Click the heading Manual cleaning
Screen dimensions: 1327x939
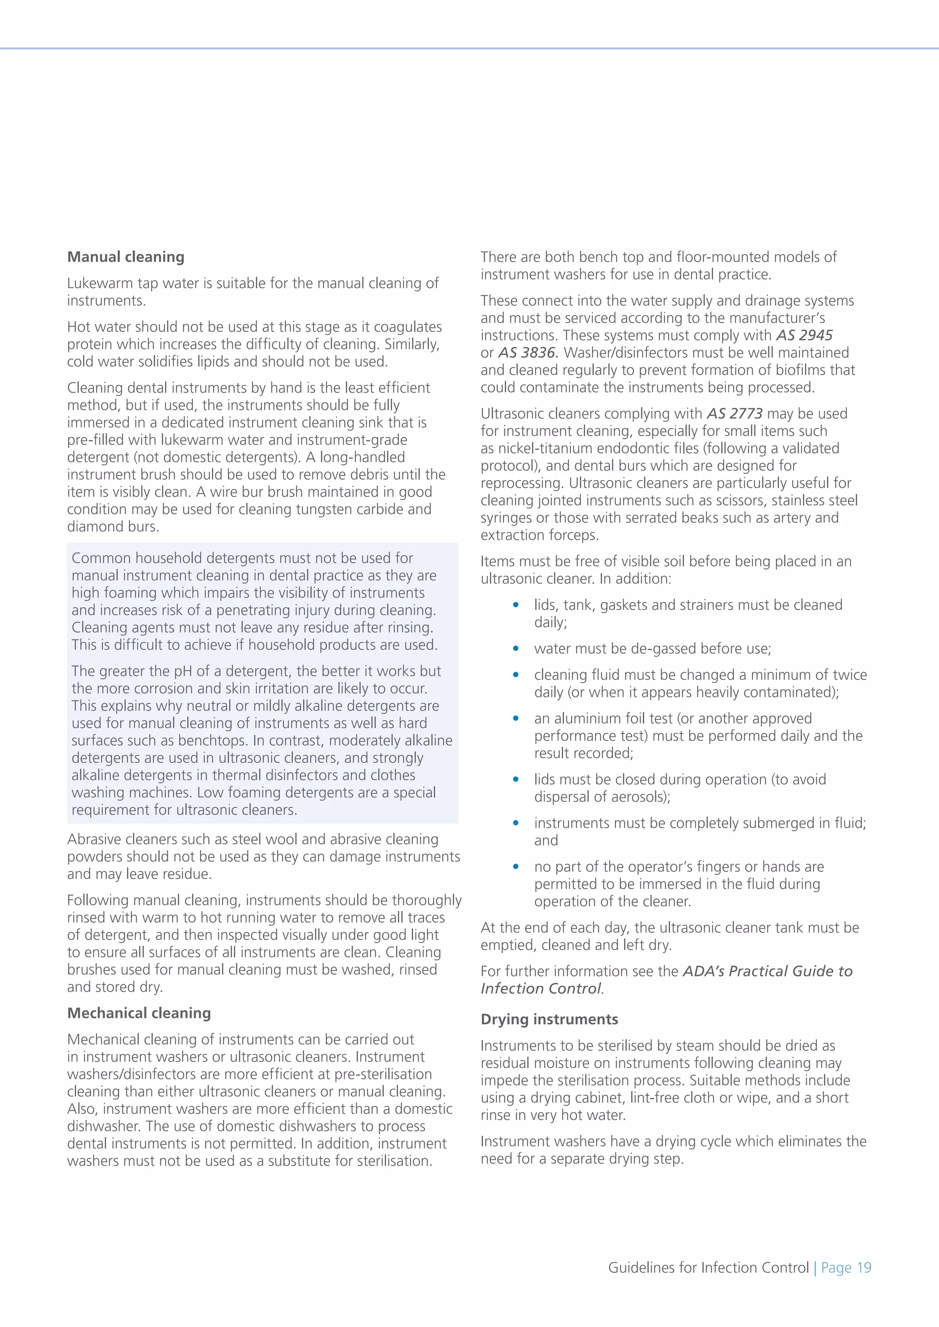126,257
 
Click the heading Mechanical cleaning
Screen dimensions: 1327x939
139,1013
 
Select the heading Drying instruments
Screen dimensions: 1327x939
549,1019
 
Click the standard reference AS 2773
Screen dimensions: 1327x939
735,414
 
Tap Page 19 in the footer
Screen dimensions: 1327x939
846,1267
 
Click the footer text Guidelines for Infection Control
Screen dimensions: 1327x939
708,1267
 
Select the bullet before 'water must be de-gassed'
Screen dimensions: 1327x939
515,649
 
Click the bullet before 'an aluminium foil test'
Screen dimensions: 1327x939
515,718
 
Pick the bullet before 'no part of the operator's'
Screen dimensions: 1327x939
515,867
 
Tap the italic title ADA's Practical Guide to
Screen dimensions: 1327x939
767,971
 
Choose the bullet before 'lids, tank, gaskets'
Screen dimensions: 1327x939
515,605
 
